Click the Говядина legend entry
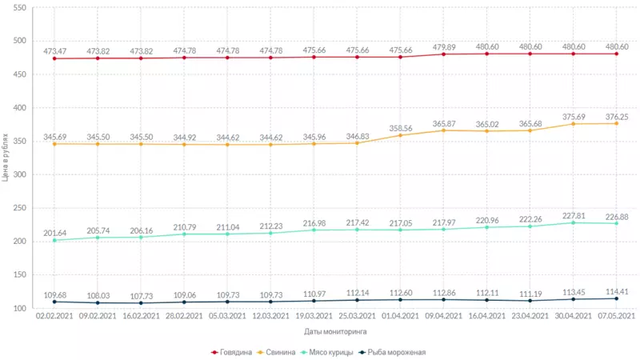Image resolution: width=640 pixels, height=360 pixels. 236,351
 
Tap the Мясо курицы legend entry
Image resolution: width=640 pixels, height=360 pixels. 327,351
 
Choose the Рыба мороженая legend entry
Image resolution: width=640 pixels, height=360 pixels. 392,351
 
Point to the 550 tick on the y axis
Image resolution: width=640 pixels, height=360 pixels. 19,8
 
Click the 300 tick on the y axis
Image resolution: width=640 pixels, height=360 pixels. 19,174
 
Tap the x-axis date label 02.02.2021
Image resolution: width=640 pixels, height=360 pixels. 54,317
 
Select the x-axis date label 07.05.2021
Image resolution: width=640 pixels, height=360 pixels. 616,317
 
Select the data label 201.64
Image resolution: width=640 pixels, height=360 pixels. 54,233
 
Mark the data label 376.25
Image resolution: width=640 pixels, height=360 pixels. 616,115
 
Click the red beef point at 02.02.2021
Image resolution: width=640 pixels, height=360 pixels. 54,58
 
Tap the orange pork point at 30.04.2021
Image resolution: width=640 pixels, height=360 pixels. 573,124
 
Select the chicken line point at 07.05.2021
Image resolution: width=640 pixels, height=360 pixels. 616,223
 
